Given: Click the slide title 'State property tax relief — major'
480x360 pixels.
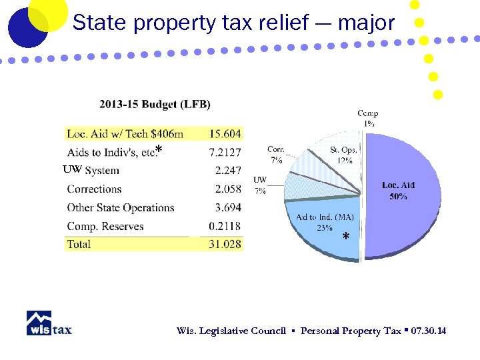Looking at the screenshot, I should (233, 23).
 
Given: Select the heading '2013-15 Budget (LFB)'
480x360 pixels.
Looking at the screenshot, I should (155, 104).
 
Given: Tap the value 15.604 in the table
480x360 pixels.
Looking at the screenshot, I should (225, 134).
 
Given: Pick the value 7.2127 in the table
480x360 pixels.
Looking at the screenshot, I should (224, 153).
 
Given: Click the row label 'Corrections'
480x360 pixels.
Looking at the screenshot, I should (94, 189).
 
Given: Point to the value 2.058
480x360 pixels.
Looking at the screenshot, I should (227, 189).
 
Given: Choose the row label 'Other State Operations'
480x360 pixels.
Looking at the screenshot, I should (120, 208).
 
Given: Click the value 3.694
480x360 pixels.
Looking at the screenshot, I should (227, 208).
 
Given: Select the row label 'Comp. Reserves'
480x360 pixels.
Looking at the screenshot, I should (105, 227).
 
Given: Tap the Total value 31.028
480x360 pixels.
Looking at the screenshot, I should (225, 245).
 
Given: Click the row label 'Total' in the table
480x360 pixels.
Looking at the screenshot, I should (79, 245).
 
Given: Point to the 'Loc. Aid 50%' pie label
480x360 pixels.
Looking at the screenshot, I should (398, 191).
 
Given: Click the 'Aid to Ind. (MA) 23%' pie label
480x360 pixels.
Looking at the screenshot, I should (325, 222).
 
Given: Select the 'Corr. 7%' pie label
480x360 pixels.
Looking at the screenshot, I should (275, 155).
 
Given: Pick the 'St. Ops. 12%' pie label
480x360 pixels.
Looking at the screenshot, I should (344, 155).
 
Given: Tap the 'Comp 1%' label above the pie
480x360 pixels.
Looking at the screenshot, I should (368, 118).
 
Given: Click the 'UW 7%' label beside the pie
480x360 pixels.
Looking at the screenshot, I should (260, 185).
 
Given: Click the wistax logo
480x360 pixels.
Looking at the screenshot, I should (49, 323).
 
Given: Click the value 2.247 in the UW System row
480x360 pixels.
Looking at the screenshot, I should (227, 171).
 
